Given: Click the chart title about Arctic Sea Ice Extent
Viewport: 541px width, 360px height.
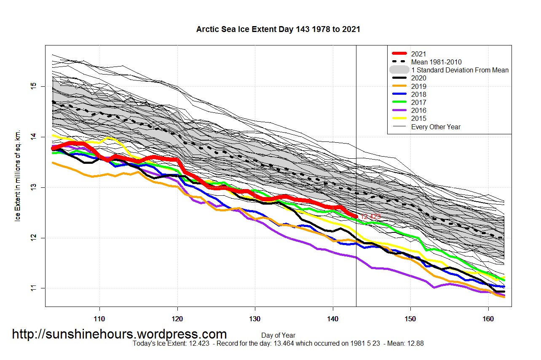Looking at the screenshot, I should (278, 29).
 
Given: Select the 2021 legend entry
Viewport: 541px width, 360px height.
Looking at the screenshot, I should (418, 54).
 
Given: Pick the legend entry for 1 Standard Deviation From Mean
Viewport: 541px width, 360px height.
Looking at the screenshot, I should (460, 70).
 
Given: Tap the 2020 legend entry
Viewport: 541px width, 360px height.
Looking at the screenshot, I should (418, 78).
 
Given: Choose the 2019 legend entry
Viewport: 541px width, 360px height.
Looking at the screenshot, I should (418, 86).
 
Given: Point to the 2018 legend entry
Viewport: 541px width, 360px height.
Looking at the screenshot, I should (418, 94).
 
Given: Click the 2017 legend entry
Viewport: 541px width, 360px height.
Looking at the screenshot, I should (418, 102).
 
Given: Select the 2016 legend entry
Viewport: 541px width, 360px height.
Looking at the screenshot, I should (418, 111).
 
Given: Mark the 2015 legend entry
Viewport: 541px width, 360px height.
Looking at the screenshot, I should (418, 119).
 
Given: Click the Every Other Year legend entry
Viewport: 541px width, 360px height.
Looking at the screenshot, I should (436, 127).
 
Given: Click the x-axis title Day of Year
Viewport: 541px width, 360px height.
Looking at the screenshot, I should (278, 336).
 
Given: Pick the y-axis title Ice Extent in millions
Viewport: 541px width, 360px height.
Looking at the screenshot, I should (18, 180).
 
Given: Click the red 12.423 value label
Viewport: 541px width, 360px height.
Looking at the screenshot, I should (371, 216).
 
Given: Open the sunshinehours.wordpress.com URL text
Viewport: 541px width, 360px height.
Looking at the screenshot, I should (119, 334).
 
